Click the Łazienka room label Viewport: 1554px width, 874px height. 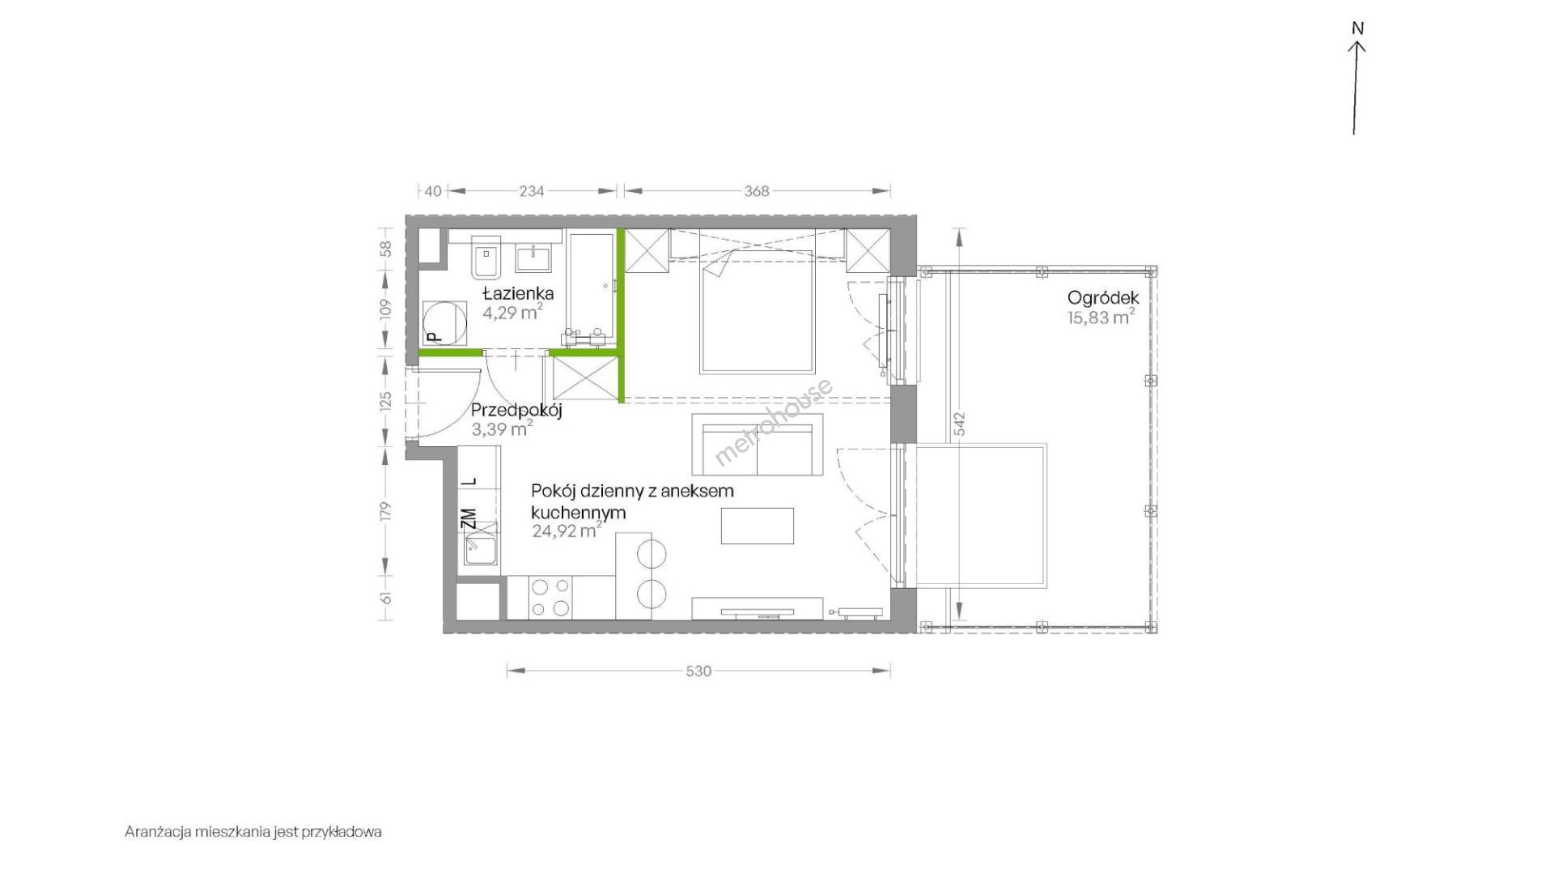pyautogui.click(x=518, y=293)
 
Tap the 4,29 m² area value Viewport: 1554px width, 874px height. pyautogui.click(x=512, y=312)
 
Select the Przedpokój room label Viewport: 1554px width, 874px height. pyautogui.click(x=516, y=410)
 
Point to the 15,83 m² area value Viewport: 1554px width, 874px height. pyautogui.click(x=1101, y=317)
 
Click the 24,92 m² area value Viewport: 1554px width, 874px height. pyautogui.click(x=567, y=531)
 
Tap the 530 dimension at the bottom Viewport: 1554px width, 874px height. pyautogui.click(x=698, y=671)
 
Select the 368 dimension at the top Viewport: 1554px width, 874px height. pyautogui.click(x=756, y=191)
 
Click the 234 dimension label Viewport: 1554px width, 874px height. pyautogui.click(x=532, y=191)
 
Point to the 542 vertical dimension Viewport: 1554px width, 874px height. pyautogui.click(x=960, y=425)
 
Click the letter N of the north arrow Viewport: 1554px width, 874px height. pyautogui.click(x=1357, y=28)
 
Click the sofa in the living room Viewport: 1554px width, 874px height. pyautogui.click(x=757, y=445)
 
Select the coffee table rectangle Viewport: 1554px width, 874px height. pyautogui.click(x=758, y=526)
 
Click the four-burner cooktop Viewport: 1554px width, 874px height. pyautogui.click(x=550, y=598)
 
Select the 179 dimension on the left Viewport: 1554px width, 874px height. pyautogui.click(x=386, y=510)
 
